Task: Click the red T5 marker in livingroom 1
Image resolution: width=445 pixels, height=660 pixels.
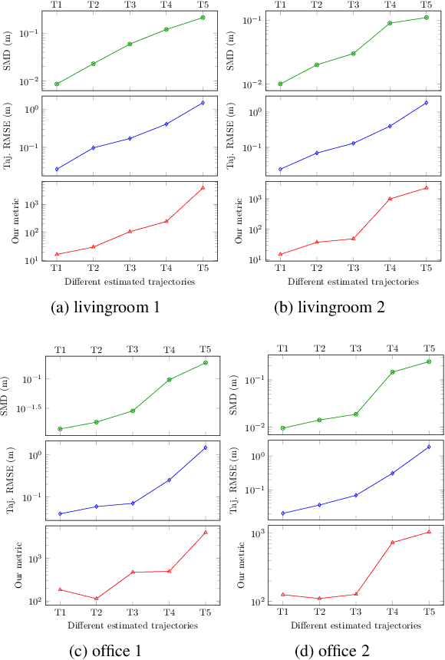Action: pyautogui.click(x=203, y=187)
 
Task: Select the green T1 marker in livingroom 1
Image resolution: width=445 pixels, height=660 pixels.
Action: pyautogui.click(x=57, y=84)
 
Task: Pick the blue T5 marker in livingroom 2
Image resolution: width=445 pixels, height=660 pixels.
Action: pyautogui.click(x=426, y=103)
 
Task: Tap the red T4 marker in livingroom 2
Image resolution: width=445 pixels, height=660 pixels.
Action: pyautogui.click(x=390, y=199)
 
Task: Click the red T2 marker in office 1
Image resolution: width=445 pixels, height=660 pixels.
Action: pyautogui.click(x=96, y=599)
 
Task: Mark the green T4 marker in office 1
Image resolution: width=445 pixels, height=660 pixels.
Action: pyautogui.click(x=169, y=380)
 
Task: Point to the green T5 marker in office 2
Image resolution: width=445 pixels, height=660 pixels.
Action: pyautogui.click(x=428, y=361)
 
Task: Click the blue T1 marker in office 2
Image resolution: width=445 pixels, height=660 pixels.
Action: pyautogui.click(x=283, y=513)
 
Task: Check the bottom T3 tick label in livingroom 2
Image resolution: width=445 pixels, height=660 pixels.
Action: pyautogui.click(x=353, y=269)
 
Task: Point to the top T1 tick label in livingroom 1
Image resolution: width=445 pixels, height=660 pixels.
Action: pyautogui.click(x=57, y=5)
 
